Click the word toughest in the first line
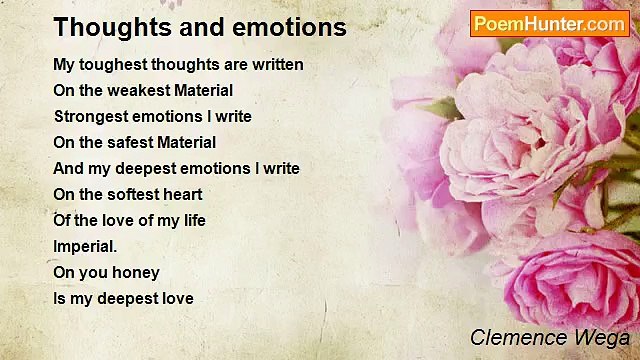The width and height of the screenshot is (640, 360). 112,65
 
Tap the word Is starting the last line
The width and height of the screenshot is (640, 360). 59,298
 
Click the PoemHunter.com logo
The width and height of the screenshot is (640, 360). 549,24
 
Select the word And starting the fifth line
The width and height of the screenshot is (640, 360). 68,168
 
